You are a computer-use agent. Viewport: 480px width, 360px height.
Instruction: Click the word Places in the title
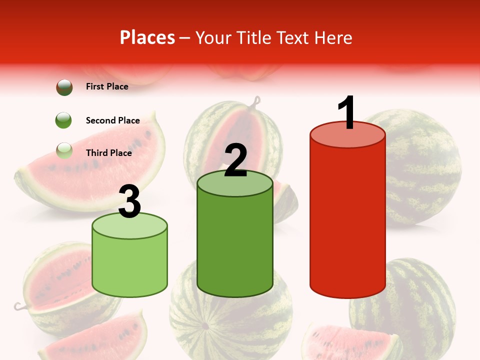click(x=147, y=37)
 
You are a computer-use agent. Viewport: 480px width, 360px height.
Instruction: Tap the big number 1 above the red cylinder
click(x=346, y=112)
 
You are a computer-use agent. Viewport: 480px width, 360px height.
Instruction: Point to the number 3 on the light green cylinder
click(x=129, y=201)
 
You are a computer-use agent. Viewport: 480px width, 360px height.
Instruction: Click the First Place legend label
click(x=107, y=86)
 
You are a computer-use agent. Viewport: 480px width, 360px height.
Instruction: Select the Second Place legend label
click(x=112, y=120)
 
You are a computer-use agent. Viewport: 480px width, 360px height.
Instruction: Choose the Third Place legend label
click(x=108, y=152)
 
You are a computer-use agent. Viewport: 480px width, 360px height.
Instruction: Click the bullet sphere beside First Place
click(x=64, y=87)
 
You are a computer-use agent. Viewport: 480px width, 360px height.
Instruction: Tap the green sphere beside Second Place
click(x=64, y=120)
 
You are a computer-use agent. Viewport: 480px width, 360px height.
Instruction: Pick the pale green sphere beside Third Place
click(x=64, y=150)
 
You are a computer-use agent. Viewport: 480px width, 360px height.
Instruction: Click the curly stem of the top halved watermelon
click(x=256, y=102)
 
